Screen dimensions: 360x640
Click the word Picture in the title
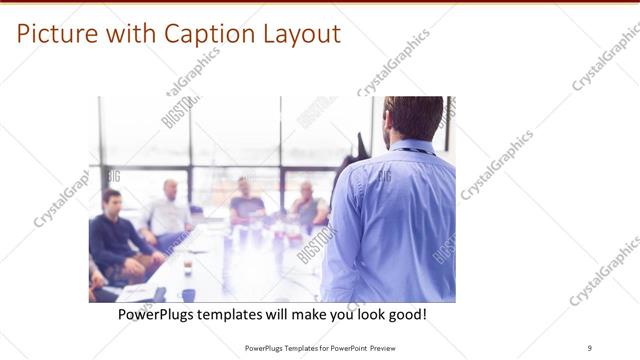tap(57, 34)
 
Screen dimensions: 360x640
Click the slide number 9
tap(590, 349)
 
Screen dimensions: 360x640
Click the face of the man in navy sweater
tap(111, 202)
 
